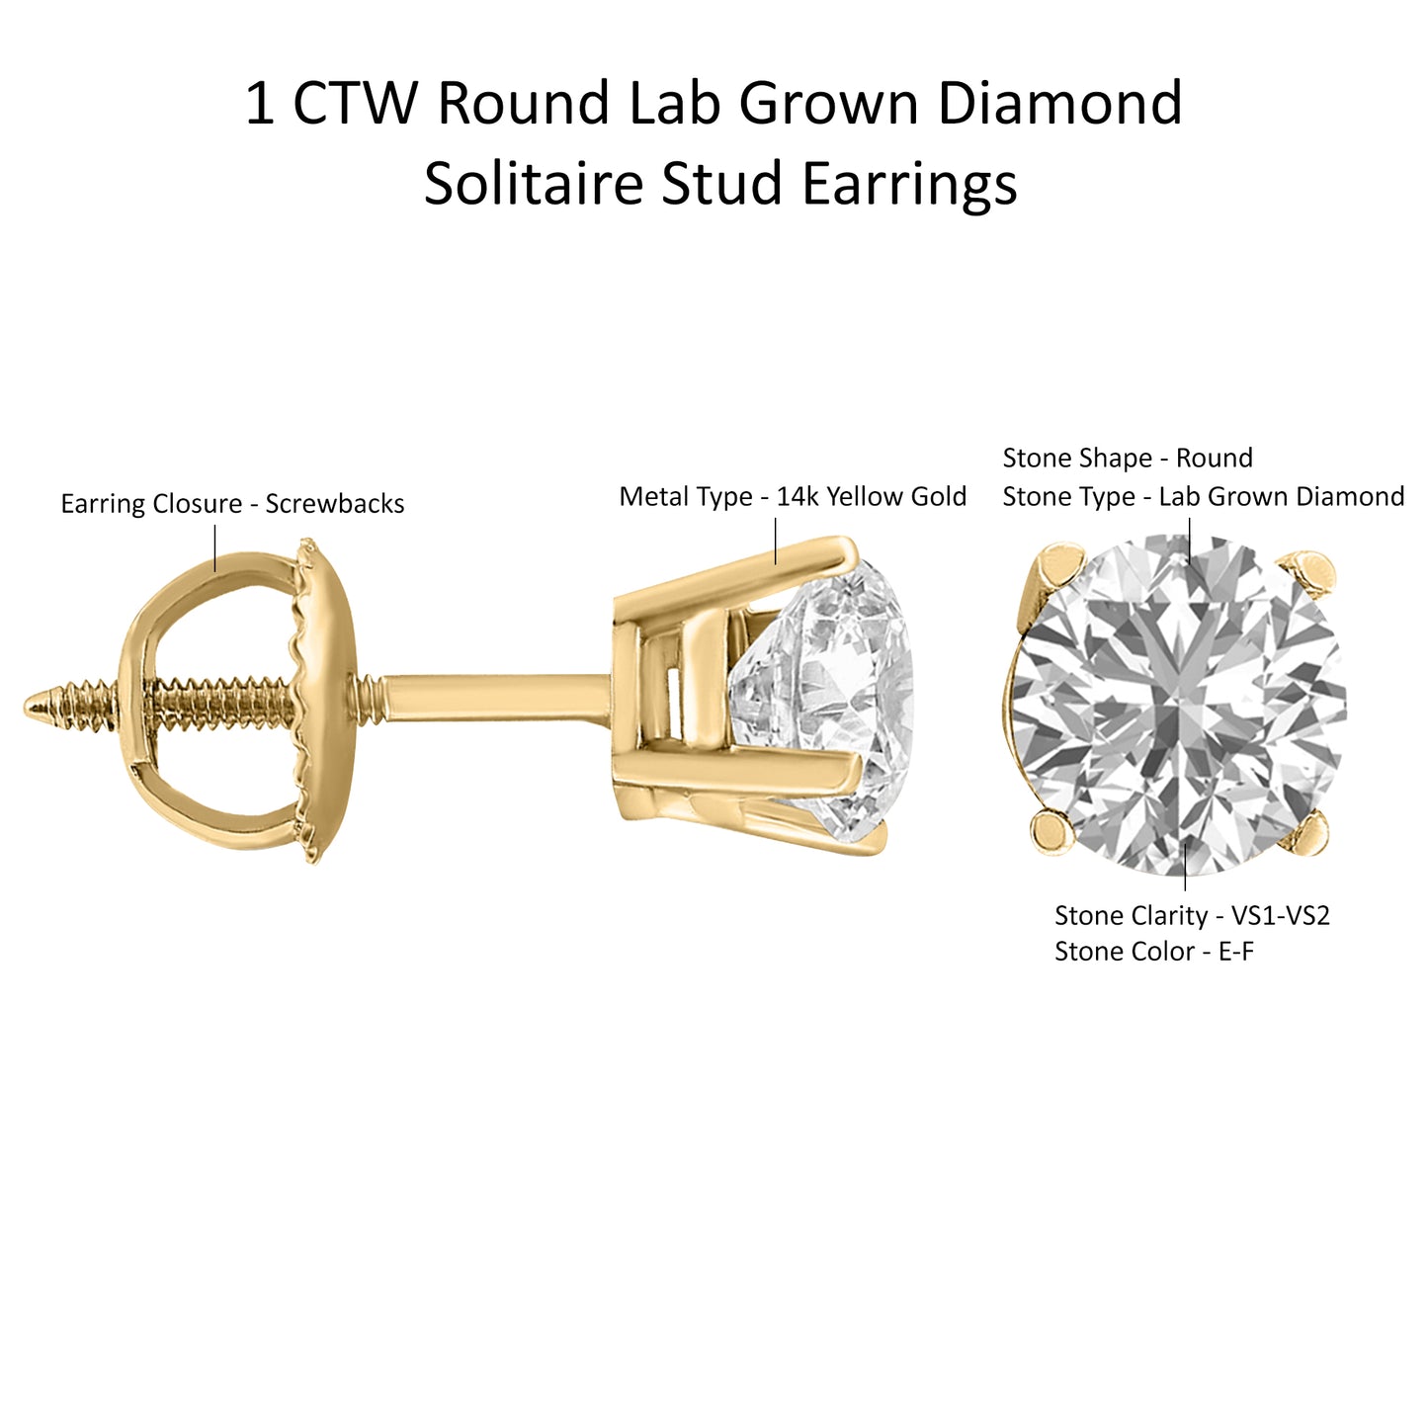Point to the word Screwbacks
coord(335,504)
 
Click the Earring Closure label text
coord(151,504)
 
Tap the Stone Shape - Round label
coord(1128,458)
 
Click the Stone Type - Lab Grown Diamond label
coord(1204,496)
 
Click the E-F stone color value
coord(1236,952)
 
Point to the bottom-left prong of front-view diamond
coord(1053,831)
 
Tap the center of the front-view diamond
coord(1180,704)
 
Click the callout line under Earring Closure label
coord(214,548)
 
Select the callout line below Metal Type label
coord(775,541)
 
